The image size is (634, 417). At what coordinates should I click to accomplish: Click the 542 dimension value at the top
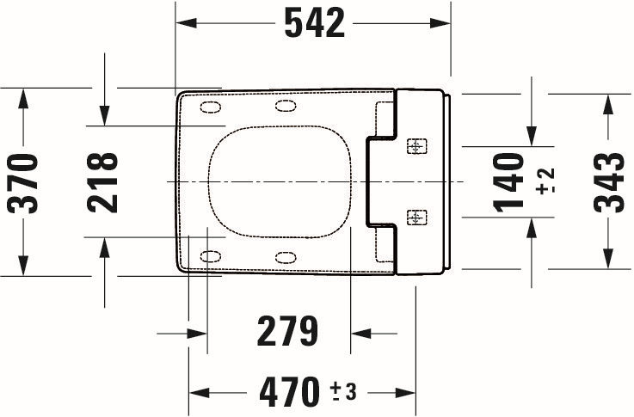(315, 23)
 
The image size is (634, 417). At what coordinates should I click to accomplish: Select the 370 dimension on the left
(22, 183)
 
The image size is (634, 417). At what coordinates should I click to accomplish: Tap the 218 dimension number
(102, 182)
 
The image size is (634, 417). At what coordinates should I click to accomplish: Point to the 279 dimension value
(287, 331)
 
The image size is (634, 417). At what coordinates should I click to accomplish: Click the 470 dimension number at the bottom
(290, 391)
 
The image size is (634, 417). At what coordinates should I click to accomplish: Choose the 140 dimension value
(508, 182)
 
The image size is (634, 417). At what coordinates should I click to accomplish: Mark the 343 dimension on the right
(609, 182)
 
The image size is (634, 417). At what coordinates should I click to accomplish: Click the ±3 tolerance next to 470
(343, 391)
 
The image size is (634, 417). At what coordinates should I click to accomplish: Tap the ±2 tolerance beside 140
(545, 181)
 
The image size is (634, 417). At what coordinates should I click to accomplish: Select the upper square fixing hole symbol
(416, 146)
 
